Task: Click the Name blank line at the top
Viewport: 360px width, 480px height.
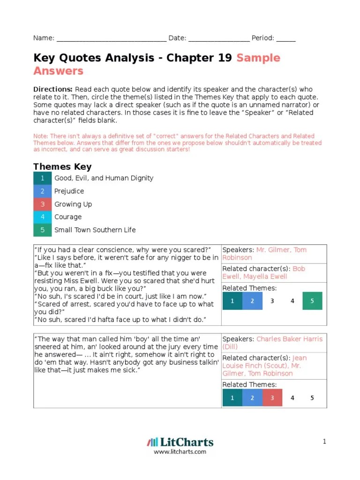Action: (111, 39)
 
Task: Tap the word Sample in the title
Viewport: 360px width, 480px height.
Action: (258, 58)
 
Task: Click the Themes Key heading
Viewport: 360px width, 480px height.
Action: (62, 166)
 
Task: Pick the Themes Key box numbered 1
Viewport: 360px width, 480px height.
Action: (43, 178)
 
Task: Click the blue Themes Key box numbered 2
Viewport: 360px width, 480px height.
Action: (43, 191)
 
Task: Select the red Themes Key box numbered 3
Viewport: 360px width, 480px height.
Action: (43, 204)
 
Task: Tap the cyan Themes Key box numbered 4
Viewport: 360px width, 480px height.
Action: (43, 217)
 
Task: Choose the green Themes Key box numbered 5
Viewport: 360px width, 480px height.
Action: (43, 230)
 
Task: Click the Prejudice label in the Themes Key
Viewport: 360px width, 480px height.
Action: (69, 191)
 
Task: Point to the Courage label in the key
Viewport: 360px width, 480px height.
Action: (68, 217)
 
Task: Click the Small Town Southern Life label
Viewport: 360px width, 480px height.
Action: (95, 230)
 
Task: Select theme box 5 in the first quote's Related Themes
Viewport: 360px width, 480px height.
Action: (312, 301)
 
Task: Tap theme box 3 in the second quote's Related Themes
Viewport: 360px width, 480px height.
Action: (272, 398)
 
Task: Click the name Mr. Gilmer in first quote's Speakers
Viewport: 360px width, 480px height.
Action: (273, 250)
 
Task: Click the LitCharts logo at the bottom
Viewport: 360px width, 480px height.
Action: (180, 442)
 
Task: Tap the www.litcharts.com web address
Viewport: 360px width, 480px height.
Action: (180, 452)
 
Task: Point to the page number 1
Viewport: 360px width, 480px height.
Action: (324, 442)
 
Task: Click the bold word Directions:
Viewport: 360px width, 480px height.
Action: (53, 89)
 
